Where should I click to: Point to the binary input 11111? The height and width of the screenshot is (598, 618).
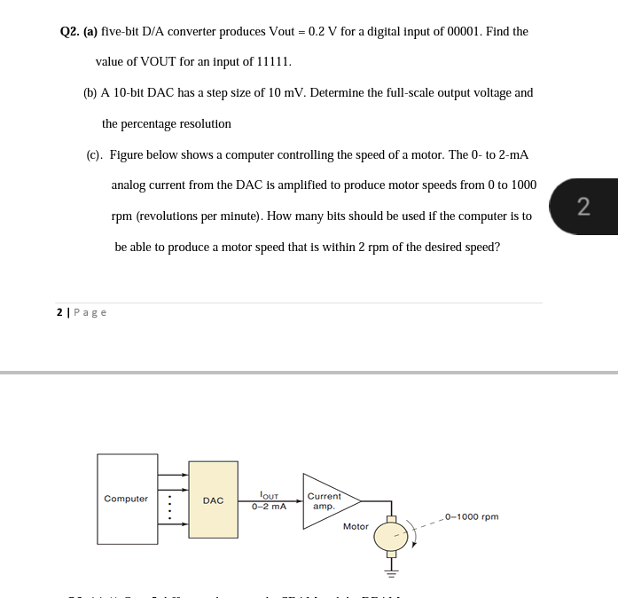tap(272, 62)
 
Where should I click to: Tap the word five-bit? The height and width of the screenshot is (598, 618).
tap(124, 32)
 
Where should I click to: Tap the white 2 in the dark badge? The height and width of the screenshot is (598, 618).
tap(583, 207)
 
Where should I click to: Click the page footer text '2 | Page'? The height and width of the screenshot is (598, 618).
tap(81, 312)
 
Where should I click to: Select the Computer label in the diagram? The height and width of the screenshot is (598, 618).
tap(126, 499)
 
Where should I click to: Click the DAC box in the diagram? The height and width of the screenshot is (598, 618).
tap(213, 500)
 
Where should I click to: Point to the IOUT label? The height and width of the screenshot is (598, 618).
tap(269, 497)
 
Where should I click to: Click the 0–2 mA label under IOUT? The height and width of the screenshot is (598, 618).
tap(269, 507)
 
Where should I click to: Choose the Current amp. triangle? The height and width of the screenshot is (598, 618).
tap(325, 501)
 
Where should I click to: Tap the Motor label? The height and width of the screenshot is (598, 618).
tap(356, 526)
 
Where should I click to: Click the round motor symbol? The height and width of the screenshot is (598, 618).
tap(389, 536)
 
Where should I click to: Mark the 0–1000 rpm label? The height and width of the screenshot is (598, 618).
tap(472, 516)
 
